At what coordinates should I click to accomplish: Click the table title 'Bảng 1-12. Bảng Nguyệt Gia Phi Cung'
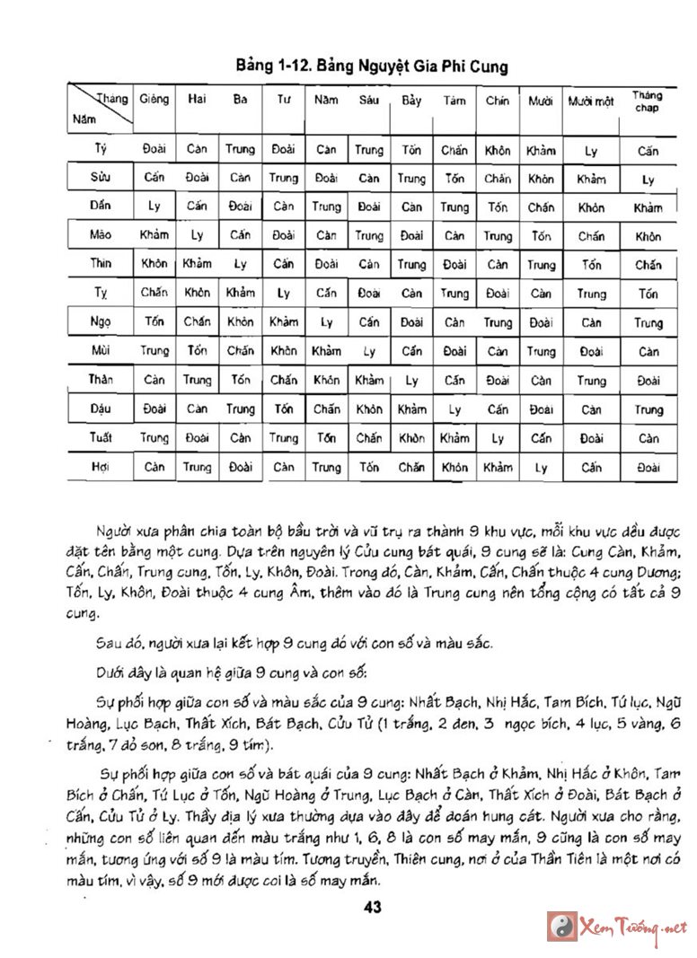pyautogui.click(x=371, y=66)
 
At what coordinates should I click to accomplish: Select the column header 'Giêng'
pyautogui.click(x=154, y=100)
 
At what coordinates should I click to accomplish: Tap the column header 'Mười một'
pyautogui.click(x=591, y=101)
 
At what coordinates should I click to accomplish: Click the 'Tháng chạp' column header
pyautogui.click(x=647, y=101)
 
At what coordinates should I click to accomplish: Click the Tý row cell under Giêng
pyautogui.click(x=154, y=149)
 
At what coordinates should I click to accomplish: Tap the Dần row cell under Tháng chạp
pyautogui.click(x=648, y=207)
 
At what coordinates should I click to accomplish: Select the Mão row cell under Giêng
pyautogui.click(x=154, y=235)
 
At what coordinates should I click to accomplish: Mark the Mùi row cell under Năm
pyautogui.click(x=326, y=351)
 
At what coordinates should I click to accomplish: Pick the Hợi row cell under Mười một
pyautogui.click(x=591, y=467)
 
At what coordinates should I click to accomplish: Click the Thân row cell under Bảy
pyautogui.click(x=411, y=381)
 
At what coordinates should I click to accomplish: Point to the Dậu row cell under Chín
pyautogui.click(x=497, y=409)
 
